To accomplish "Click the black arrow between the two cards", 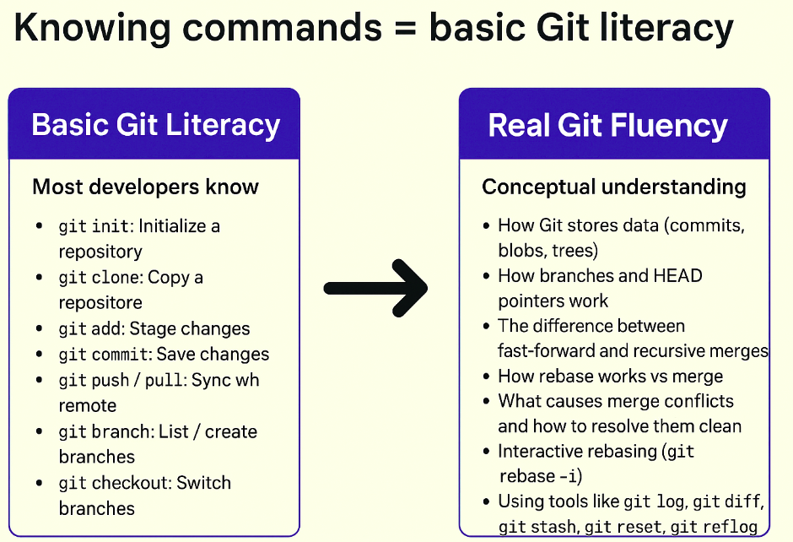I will (x=376, y=288).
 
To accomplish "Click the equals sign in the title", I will (x=404, y=29).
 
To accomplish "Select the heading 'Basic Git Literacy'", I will (x=155, y=125).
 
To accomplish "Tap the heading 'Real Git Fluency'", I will (x=607, y=125).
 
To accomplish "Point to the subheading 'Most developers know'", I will (x=145, y=187).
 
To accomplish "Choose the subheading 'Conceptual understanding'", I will (x=614, y=187).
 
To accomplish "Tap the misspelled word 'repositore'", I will (x=100, y=302).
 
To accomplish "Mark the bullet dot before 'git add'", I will (x=40, y=329).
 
